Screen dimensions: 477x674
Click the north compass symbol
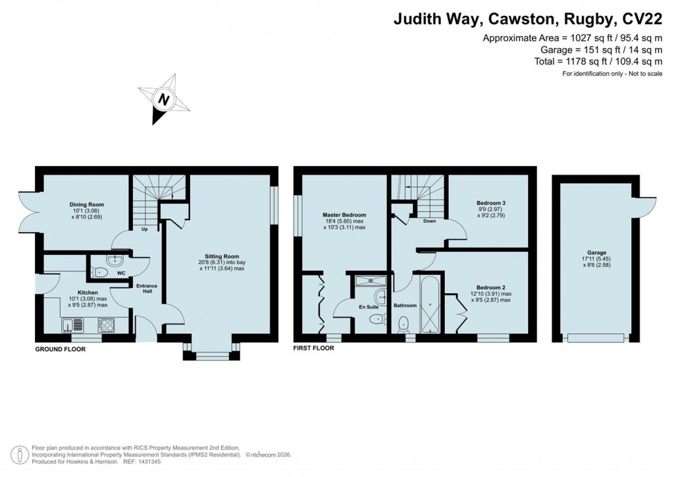pos(162,99)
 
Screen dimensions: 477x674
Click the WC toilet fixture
pos(99,272)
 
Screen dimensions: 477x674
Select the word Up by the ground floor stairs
pos(144,229)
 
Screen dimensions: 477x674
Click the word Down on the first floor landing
pos(429,221)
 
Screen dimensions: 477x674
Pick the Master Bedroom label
pos(344,215)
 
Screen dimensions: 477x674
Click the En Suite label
pos(368,307)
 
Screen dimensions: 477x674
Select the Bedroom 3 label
pos(491,203)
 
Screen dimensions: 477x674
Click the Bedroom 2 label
pos(491,287)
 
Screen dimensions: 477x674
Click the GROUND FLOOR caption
pos(60,350)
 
